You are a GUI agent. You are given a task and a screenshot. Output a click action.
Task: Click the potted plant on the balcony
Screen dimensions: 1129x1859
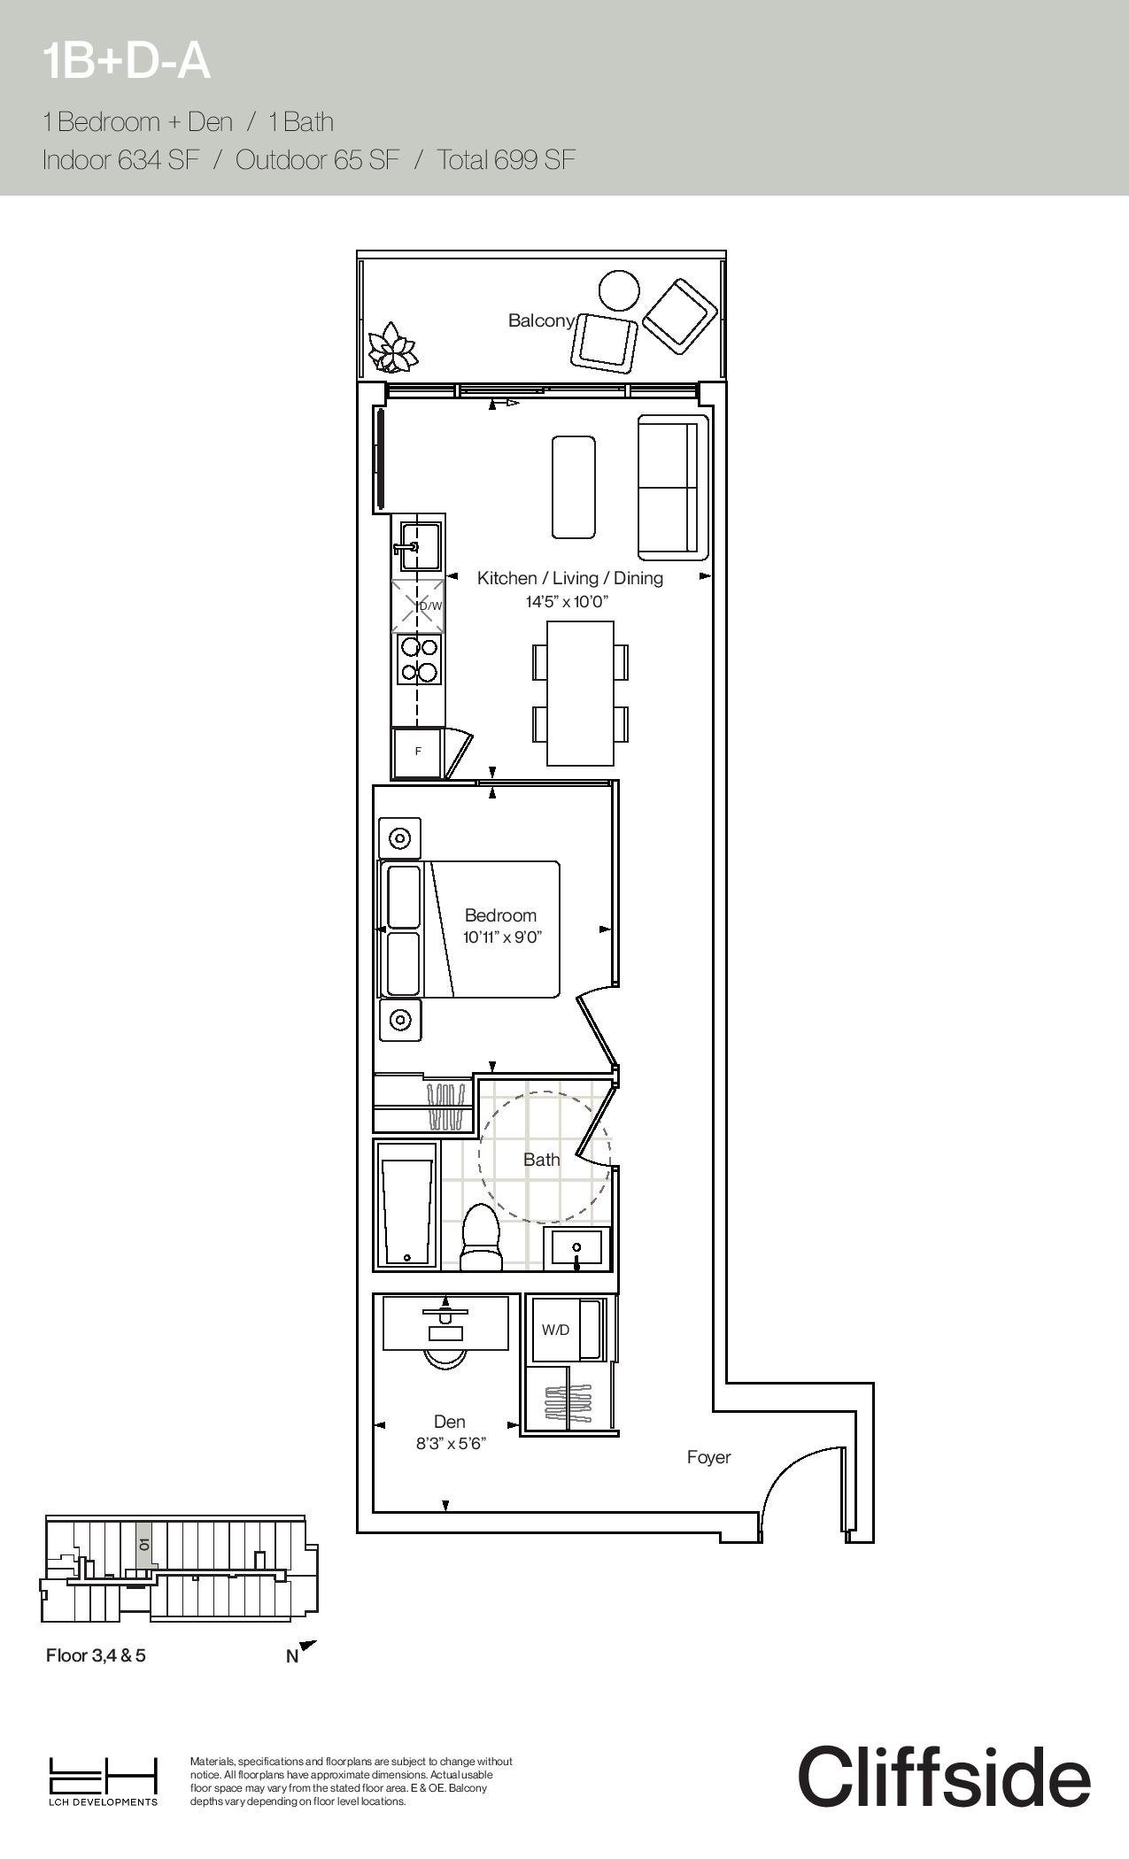coord(392,349)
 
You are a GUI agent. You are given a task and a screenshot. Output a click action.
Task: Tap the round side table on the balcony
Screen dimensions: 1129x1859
coord(619,290)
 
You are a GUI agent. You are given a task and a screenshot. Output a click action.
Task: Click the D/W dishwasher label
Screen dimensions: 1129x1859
coord(430,606)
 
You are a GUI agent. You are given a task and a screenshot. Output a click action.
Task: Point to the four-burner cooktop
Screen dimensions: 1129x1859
coord(419,660)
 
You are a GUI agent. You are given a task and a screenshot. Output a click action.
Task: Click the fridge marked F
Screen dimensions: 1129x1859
coord(417,752)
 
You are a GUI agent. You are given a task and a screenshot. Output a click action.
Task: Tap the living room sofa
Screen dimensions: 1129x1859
coord(674,487)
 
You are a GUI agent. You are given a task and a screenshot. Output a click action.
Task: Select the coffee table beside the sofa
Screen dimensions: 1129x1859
coord(573,487)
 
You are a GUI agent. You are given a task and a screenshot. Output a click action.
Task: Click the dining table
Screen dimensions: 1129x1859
coord(581,693)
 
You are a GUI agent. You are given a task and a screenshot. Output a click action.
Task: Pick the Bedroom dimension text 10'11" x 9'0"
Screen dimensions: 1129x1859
coord(501,937)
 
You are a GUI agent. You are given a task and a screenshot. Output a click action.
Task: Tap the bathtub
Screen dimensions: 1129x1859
coord(407,1206)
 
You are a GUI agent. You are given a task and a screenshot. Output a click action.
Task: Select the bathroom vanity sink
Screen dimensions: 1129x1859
coord(577,1247)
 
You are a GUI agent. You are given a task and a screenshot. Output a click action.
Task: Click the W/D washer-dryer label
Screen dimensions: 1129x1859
coord(555,1331)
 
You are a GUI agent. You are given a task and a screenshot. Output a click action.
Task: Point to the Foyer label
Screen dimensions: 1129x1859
coord(709,1457)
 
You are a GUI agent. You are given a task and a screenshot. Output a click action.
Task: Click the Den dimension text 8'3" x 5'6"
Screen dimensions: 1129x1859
coord(452,1444)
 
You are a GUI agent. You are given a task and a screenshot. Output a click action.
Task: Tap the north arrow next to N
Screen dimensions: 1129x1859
coord(307,1647)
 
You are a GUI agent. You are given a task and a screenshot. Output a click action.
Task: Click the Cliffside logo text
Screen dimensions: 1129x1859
coord(944,1777)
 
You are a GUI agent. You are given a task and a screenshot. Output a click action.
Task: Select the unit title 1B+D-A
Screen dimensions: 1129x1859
coord(128,61)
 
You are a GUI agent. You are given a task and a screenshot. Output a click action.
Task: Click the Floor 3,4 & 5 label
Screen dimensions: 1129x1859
coord(96,1655)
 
